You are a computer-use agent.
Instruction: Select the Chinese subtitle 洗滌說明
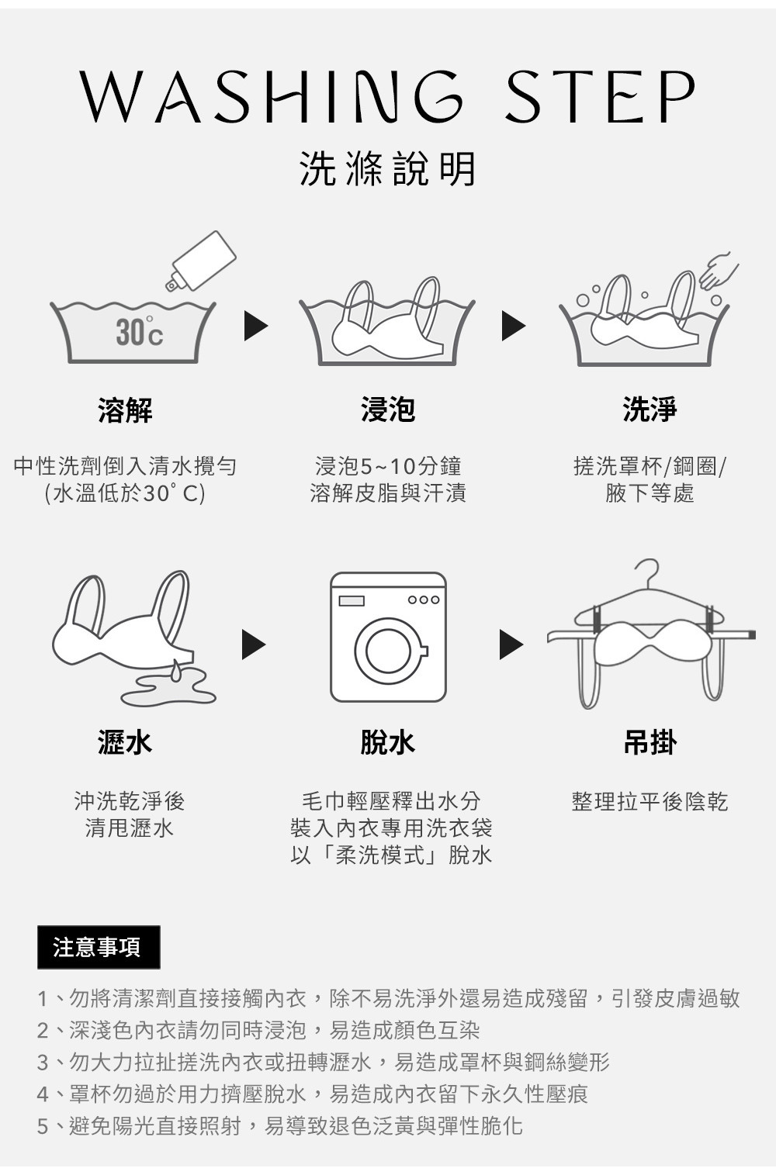pos(387,168)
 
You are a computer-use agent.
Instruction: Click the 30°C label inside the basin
pos(139,333)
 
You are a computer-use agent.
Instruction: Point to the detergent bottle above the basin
pos(203,261)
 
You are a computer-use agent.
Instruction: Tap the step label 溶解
pos(125,410)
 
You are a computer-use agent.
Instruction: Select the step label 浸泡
pos(387,409)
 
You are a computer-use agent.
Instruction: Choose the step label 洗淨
pos(650,409)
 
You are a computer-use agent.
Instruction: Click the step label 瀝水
pos(125,742)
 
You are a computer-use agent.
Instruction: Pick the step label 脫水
pos(387,742)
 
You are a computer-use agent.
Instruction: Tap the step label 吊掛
pos(650,742)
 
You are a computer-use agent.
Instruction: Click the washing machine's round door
pos(388,651)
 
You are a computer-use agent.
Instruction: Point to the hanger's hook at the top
pos(649,570)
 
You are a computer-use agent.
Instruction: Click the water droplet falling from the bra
pos(178,670)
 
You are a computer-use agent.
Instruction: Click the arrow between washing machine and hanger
pos(510,645)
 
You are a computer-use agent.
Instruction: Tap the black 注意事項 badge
pos(99,947)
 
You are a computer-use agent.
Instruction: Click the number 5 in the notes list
pos(43,1126)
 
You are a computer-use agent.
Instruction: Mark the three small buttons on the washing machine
pos(424,600)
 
